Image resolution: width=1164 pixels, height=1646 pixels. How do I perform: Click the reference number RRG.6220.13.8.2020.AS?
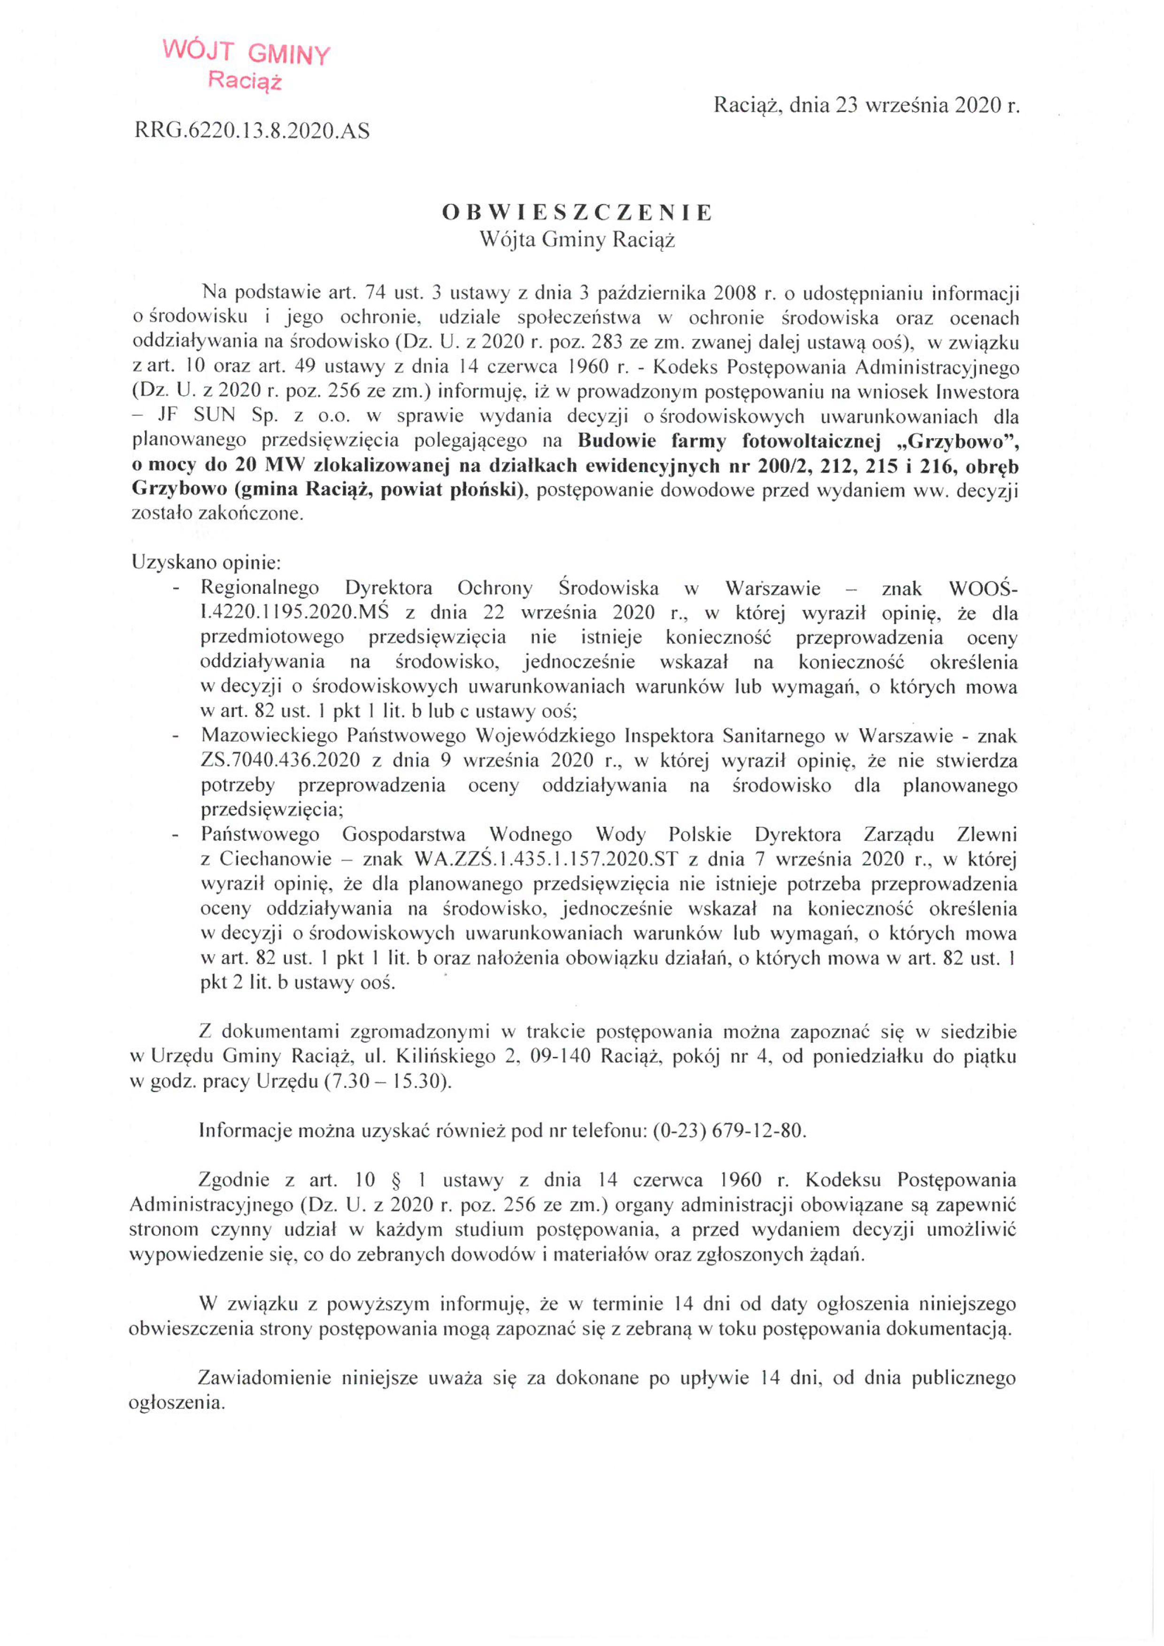tap(252, 131)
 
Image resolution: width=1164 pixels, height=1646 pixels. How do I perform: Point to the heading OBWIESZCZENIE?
tap(577, 212)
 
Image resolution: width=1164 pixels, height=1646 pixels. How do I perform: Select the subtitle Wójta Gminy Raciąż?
tap(577, 240)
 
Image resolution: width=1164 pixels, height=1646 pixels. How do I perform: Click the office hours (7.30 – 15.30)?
tap(388, 1081)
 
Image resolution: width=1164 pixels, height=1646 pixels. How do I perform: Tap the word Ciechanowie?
tap(275, 859)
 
